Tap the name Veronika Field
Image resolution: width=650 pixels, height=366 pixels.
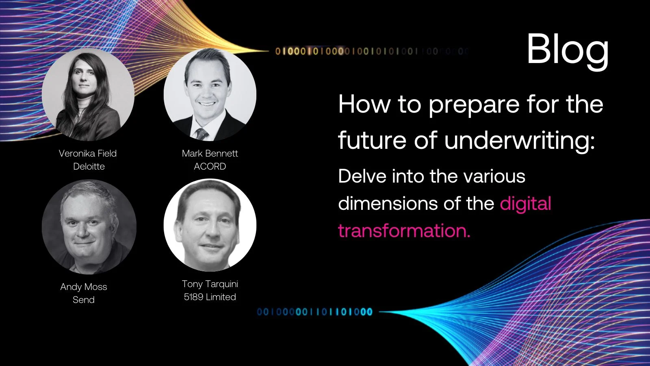(x=88, y=153)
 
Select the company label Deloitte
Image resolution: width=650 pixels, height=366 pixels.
(x=89, y=166)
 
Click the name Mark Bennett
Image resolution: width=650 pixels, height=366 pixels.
(x=210, y=153)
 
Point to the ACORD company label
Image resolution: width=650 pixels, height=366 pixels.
(x=210, y=166)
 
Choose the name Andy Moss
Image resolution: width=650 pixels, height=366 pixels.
(x=84, y=287)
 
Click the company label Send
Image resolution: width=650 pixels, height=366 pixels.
(x=84, y=300)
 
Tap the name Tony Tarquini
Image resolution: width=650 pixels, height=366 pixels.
(x=210, y=284)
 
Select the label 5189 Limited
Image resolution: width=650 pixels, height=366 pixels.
(x=210, y=297)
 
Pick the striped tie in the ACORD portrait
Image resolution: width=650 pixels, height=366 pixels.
(x=202, y=134)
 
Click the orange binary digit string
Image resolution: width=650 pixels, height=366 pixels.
(x=371, y=51)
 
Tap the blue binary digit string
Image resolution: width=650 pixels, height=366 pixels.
(x=314, y=312)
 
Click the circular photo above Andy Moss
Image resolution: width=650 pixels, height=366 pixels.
(x=89, y=227)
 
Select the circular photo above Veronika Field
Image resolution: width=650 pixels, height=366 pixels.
(x=88, y=94)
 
